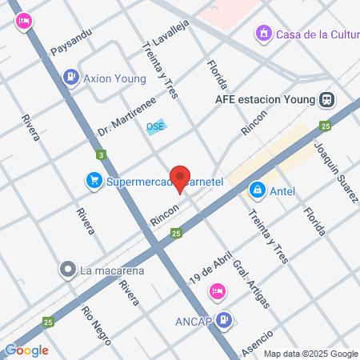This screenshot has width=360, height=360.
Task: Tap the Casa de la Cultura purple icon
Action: (x=262, y=34)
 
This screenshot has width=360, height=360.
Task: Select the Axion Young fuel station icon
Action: (x=72, y=78)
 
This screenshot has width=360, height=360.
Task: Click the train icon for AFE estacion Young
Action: (x=326, y=100)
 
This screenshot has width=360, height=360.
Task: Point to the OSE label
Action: (x=155, y=127)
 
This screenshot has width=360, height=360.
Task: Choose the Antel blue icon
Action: (x=258, y=190)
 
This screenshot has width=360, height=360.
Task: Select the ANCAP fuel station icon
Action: (x=225, y=320)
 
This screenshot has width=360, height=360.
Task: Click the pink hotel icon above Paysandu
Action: (x=25, y=21)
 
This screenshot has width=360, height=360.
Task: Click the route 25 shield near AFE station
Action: (x=325, y=126)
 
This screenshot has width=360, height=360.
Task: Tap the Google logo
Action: (x=26, y=350)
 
